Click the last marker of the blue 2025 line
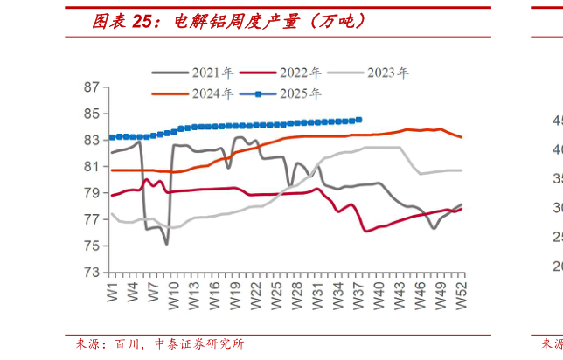coord(359,120)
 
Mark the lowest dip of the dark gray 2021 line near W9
coord(166,244)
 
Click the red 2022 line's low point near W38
coord(365,231)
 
